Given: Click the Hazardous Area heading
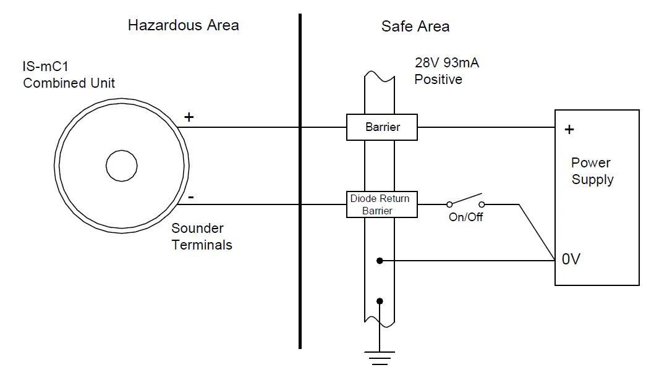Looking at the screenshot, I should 183,25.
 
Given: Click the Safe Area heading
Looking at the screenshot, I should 415,27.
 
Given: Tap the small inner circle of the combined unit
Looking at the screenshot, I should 121,166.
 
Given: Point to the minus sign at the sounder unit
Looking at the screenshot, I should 190,198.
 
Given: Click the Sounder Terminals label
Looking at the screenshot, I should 202,237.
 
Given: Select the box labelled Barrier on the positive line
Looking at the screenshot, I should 382,127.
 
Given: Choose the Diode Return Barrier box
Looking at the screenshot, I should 381,204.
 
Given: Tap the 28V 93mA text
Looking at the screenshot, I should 447,63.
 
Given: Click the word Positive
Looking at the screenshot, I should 438,80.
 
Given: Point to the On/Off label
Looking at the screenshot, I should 465,217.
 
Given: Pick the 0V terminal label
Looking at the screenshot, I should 571,259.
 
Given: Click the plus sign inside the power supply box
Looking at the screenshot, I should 569,130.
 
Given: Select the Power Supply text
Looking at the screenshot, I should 592,171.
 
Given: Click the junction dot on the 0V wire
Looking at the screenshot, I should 380,261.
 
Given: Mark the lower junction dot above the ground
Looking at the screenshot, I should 380,301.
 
